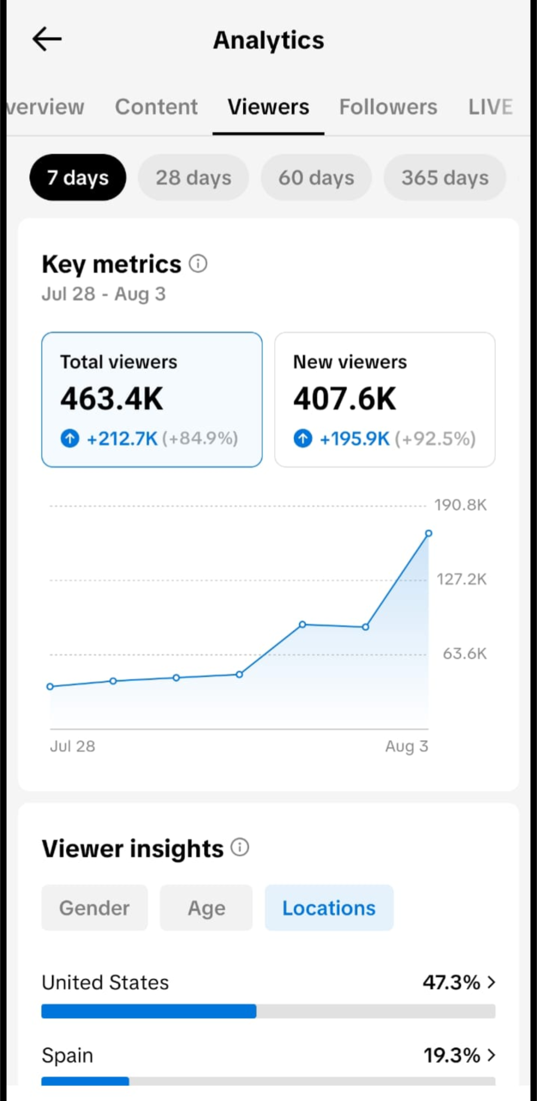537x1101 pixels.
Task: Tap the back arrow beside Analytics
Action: point(47,39)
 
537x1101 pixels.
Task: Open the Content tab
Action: point(156,107)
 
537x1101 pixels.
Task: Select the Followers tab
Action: point(388,107)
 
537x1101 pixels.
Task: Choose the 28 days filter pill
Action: point(193,177)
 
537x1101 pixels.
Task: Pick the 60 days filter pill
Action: point(316,177)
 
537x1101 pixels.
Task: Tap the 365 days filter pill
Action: point(445,177)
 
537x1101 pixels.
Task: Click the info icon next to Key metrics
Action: point(198,263)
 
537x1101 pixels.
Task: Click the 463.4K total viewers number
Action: point(112,399)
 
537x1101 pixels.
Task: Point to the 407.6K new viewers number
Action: point(345,399)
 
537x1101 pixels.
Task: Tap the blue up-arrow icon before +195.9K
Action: point(303,438)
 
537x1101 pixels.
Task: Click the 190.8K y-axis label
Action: point(461,505)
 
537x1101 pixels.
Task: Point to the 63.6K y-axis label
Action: point(465,653)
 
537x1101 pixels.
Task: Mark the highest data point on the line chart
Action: point(429,534)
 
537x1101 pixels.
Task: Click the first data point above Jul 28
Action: point(50,687)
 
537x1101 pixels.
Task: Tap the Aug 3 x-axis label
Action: point(407,746)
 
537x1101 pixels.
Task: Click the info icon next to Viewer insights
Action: point(240,847)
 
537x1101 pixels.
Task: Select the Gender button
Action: point(94,908)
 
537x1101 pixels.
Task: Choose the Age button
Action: point(206,908)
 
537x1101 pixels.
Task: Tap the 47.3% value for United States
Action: point(452,982)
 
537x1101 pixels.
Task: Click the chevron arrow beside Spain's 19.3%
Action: point(492,1055)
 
